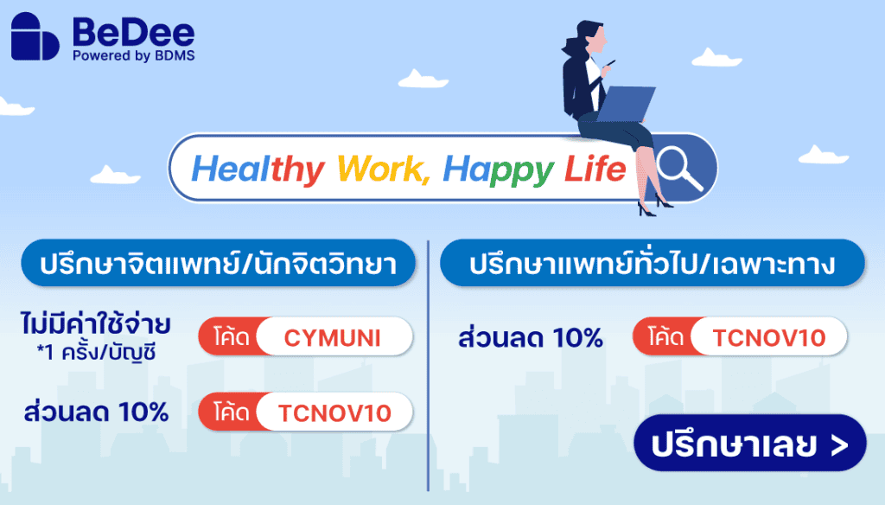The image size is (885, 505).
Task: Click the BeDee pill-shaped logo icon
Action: coord(35,37)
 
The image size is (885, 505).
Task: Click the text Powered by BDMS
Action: coord(134,55)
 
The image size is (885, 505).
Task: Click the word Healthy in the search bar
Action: coord(258,169)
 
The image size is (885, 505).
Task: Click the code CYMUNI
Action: coord(333,338)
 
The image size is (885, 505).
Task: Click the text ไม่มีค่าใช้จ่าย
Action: coord(95,326)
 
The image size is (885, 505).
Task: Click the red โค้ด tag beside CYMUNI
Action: coord(229,338)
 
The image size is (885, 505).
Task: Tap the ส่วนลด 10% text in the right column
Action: coord(531,338)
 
